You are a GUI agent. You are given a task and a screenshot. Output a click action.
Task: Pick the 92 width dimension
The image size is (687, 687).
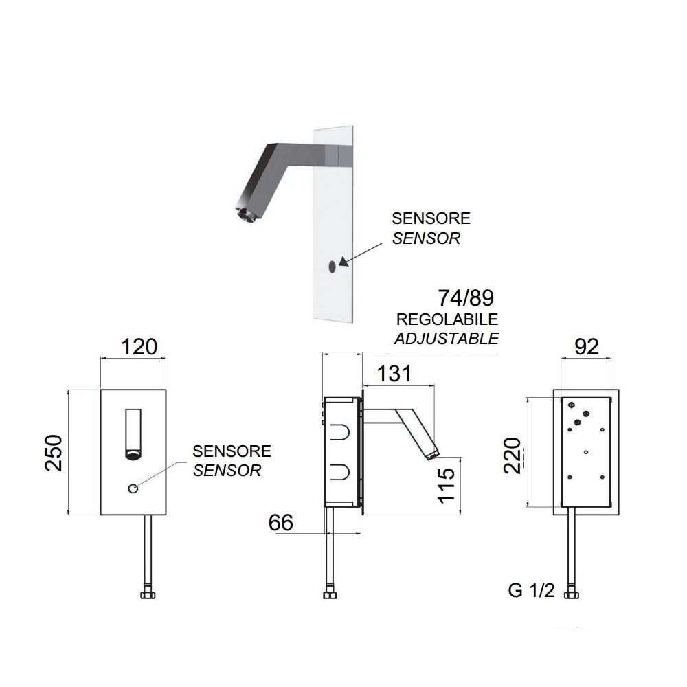(586, 346)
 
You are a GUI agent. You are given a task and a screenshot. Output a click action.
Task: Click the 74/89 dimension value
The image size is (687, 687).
(466, 298)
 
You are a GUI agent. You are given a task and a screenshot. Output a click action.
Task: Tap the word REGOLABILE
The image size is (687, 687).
(447, 320)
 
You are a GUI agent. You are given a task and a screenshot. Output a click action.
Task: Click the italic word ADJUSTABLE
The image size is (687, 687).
(447, 338)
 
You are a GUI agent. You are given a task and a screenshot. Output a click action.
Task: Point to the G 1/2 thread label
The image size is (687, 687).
(531, 591)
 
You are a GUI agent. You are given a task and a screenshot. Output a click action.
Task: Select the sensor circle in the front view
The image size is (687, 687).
(132, 488)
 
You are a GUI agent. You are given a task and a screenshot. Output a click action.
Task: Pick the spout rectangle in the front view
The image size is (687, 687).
(133, 431)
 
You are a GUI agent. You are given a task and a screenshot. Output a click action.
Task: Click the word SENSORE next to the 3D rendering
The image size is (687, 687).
(431, 218)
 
